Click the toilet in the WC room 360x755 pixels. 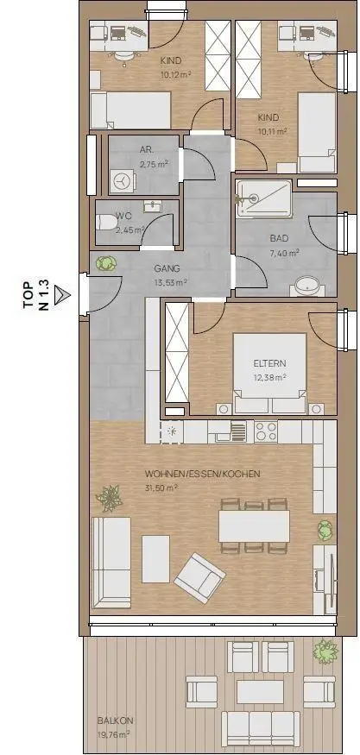click(105, 223)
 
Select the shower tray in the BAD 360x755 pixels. click(264, 198)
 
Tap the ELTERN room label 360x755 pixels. click(270, 364)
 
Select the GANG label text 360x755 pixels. click(167, 268)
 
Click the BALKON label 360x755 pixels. click(115, 721)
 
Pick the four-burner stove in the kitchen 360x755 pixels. click(266, 431)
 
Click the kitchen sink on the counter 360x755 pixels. click(227, 431)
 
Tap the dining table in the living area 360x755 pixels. click(254, 526)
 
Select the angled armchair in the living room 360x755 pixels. click(199, 578)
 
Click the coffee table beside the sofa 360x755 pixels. click(155, 558)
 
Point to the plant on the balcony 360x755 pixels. click(325, 652)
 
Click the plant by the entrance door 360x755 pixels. click(106, 263)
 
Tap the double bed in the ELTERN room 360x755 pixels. click(270, 373)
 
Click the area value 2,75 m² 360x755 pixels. click(154, 164)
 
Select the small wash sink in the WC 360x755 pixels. click(153, 206)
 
